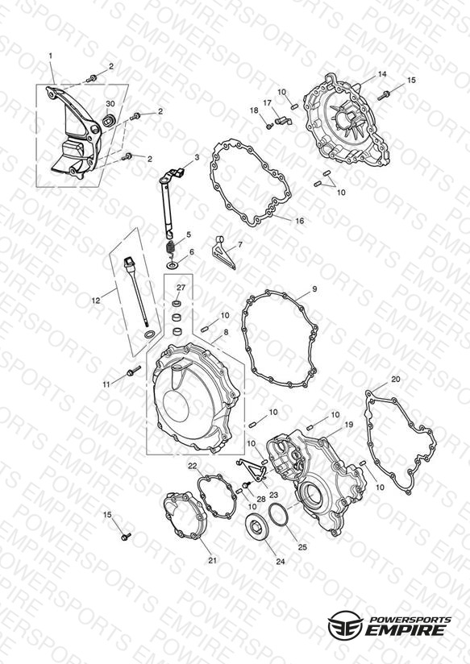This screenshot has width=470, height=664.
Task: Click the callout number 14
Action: click(x=382, y=74)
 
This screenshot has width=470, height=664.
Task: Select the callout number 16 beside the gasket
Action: click(x=300, y=221)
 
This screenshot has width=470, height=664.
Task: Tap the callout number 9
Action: click(x=314, y=289)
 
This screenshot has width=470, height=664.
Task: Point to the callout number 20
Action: click(x=395, y=380)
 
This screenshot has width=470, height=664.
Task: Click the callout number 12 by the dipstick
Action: click(x=96, y=301)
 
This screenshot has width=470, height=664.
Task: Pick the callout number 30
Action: click(x=110, y=104)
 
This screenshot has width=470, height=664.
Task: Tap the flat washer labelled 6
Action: click(x=173, y=265)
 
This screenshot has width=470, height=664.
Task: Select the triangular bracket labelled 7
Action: click(x=224, y=253)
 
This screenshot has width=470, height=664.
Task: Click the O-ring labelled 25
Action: click(x=278, y=514)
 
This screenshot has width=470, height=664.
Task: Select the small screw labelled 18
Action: click(x=268, y=126)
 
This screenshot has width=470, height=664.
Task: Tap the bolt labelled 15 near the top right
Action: click(x=384, y=95)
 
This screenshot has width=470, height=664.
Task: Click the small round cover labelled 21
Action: click(x=185, y=516)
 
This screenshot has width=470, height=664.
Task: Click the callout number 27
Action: click(x=181, y=288)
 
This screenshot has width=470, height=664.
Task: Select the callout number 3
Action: click(x=197, y=157)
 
